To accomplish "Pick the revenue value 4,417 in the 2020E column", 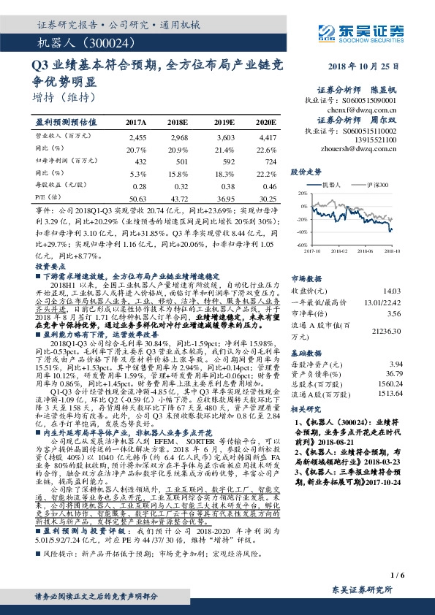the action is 268,137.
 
